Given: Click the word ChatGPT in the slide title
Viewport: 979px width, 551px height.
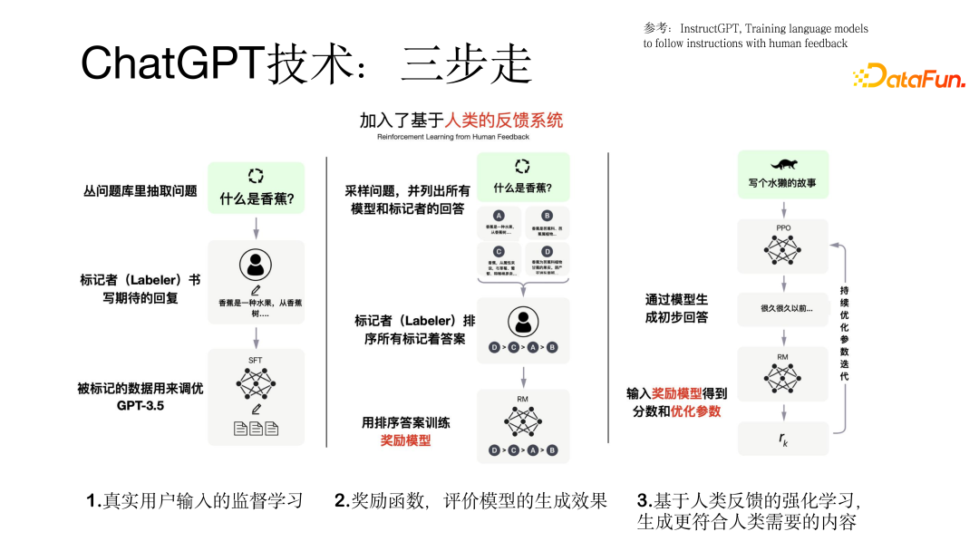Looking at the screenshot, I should [x=172, y=63].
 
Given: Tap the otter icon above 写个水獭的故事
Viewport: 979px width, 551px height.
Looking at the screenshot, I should [x=782, y=165].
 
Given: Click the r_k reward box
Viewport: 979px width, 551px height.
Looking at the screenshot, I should [x=782, y=439].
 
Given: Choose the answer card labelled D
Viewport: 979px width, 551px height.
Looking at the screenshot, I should [x=547, y=259].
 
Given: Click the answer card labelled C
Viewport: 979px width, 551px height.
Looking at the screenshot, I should [x=498, y=259].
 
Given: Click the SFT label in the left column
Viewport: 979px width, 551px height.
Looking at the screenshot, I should [x=255, y=361].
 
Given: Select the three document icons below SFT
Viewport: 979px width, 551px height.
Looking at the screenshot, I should [x=256, y=429].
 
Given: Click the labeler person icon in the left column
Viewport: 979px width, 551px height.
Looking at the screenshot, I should [x=256, y=265].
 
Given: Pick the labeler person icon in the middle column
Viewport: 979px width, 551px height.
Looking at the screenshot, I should [x=523, y=321].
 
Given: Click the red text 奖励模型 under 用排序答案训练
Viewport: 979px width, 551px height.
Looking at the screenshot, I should [x=405, y=440].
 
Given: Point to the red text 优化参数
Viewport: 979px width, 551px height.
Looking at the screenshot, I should [x=696, y=411].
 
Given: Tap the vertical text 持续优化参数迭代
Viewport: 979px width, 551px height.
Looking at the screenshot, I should [x=845, y=335].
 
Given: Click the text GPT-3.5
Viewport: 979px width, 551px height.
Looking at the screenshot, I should [x=141, y=405].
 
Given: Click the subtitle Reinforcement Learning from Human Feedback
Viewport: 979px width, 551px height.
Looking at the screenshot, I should [x=460, y=139].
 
